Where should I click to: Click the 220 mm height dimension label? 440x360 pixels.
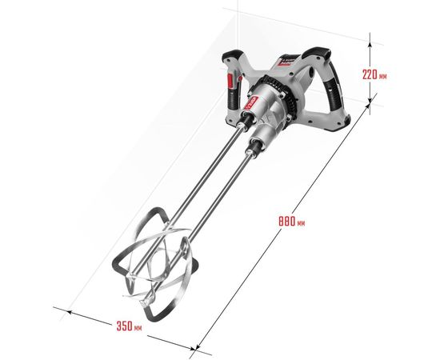pos(374,75)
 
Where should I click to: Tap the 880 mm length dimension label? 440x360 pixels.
pos(291,222)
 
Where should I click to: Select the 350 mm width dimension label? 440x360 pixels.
pos(129,326)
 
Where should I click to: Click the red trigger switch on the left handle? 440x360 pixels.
pos(230,81)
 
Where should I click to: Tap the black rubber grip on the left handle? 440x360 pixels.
pos(234,100)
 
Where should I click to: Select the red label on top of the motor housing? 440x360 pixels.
pos(286,62)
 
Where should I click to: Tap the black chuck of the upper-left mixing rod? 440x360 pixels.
pos(246,118)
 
